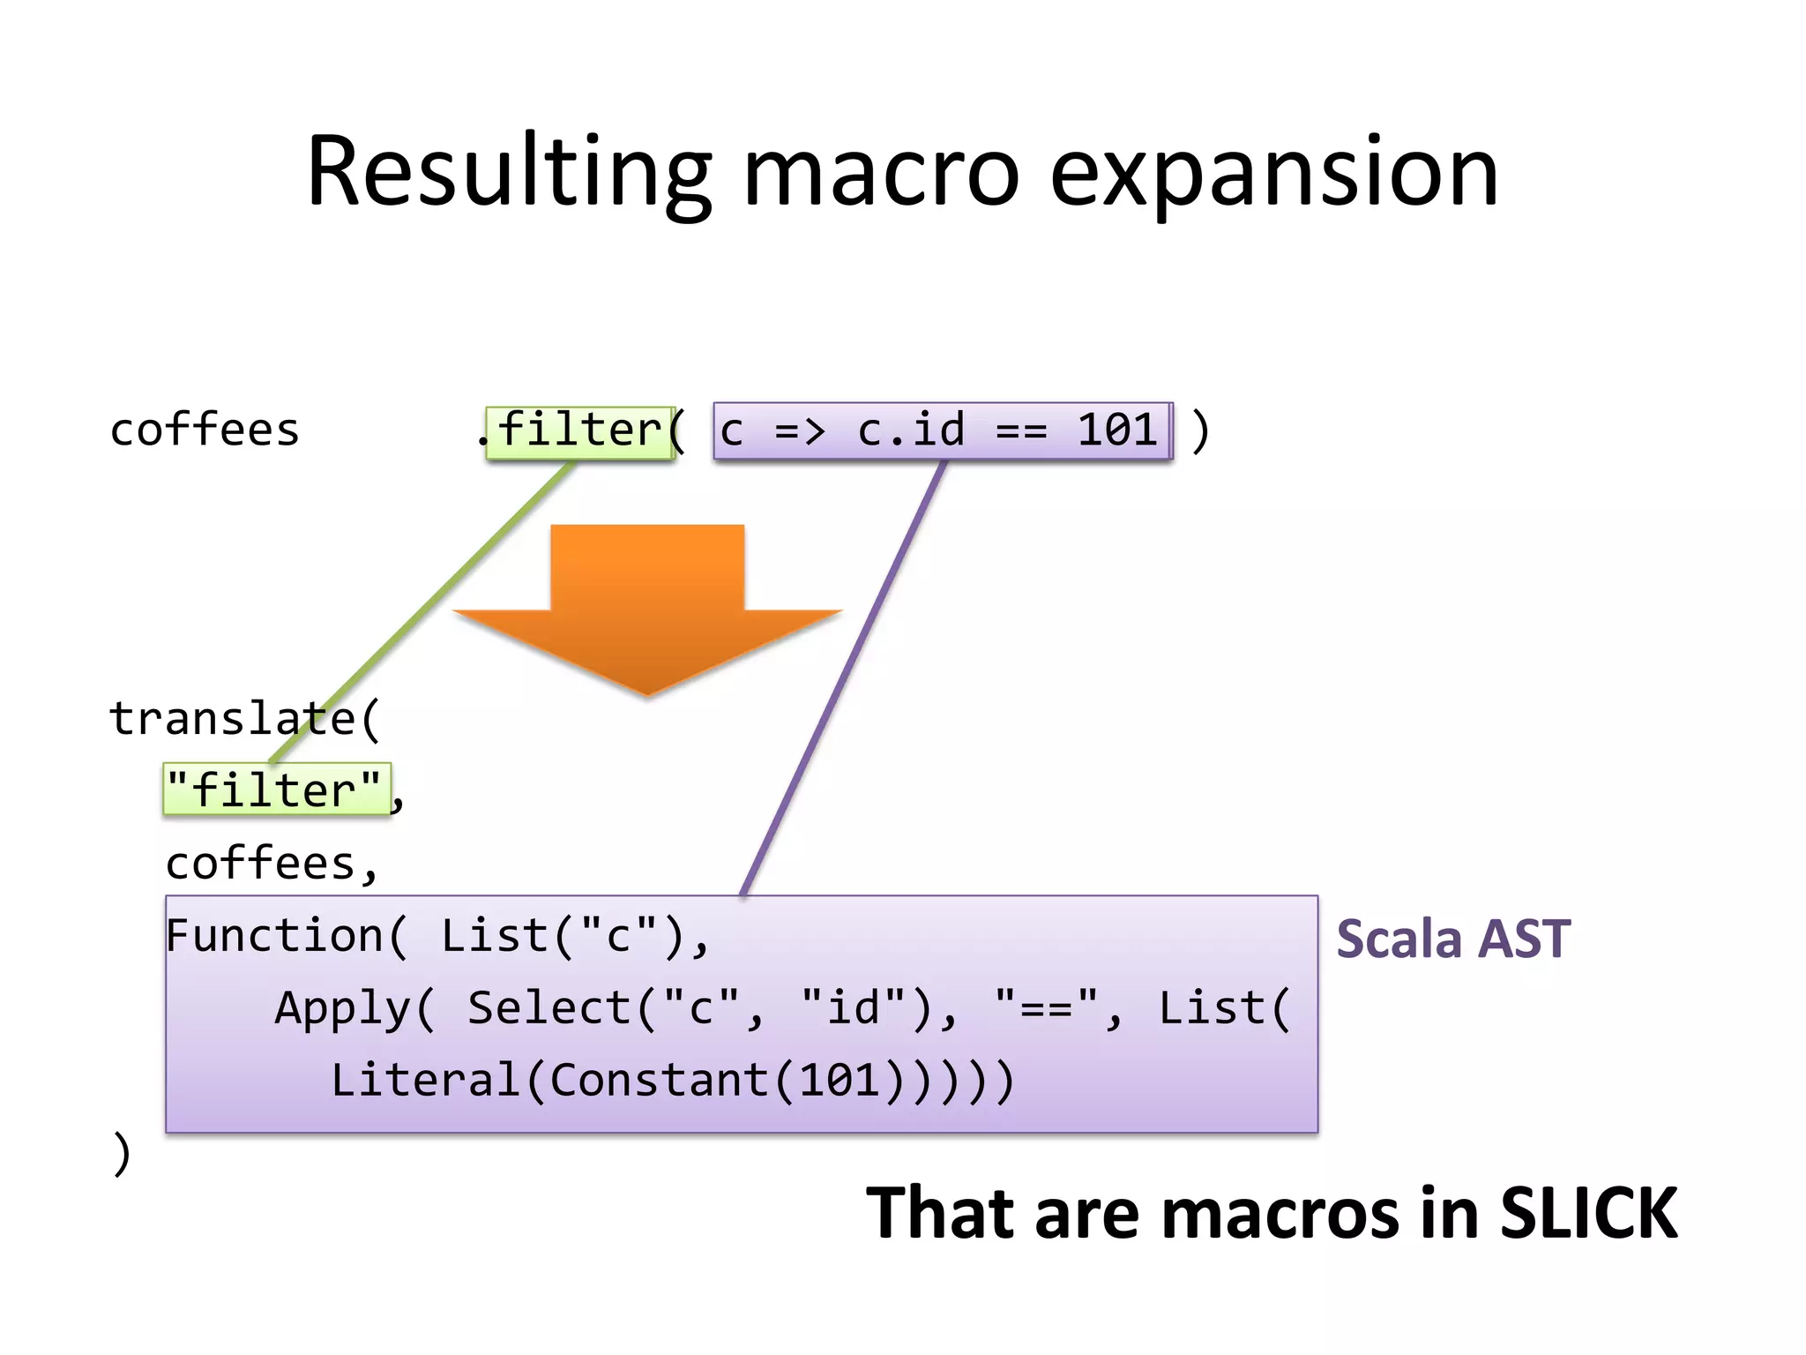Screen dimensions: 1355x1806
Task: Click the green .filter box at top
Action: [x=579, y=431]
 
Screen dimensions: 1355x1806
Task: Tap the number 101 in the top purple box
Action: [x=1116, y=430]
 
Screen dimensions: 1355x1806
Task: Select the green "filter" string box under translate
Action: [x=275, y=790]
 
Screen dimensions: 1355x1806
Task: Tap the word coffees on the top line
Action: [x=205, y=430]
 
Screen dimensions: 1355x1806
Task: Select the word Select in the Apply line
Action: [x=548, y=1008]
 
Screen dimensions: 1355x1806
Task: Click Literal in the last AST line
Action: [x=425, y=1081]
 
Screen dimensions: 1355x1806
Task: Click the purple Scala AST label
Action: [x=1452, y=939]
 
